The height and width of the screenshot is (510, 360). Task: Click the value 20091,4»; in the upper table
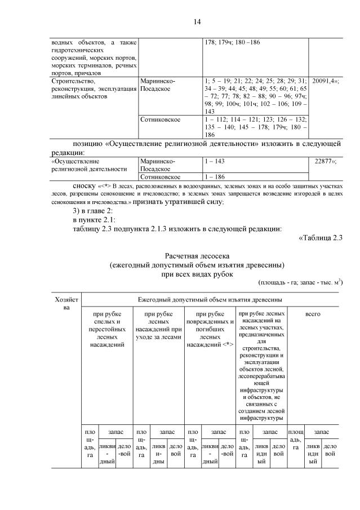325,81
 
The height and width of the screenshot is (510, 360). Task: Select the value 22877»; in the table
327,161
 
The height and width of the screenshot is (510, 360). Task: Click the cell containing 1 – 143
215,161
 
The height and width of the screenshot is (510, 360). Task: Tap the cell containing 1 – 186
215,176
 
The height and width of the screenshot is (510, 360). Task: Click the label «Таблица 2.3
319,237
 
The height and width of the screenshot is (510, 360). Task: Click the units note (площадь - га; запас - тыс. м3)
300,282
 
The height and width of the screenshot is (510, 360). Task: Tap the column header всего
312,313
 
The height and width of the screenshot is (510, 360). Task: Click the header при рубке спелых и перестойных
106,329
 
